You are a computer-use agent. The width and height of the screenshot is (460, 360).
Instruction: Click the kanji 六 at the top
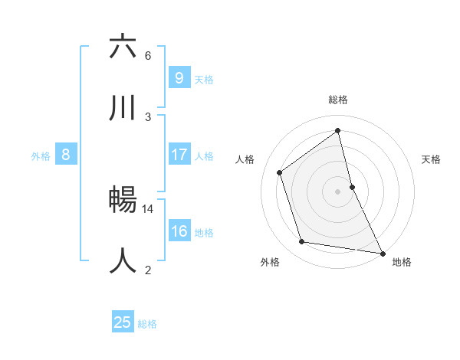pos(123,47)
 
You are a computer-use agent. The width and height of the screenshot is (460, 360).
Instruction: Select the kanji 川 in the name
pos(123,108)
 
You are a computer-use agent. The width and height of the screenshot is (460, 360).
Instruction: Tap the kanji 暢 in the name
pos(123,200)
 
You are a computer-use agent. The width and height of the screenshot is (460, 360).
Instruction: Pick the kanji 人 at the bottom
pos(123,260)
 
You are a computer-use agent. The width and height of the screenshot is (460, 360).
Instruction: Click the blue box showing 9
pos(179,77)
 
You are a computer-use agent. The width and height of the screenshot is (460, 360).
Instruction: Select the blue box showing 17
pos(179,155)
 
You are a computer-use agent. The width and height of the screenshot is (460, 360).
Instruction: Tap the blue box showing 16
pos(179,231)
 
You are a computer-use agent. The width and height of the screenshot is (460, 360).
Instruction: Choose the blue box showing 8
pos(66,155)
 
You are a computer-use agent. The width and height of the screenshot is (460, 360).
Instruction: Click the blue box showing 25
pos(123,322)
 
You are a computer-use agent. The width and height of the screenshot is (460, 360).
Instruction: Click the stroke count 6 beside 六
pos(148,55)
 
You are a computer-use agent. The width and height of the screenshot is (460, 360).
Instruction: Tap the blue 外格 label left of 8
pos(41,155)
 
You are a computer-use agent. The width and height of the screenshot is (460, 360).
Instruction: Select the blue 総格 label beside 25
pos(147,323)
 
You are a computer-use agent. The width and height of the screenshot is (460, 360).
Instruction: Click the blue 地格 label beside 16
pos(204,232)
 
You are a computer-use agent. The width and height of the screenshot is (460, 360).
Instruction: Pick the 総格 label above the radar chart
pos(338,100)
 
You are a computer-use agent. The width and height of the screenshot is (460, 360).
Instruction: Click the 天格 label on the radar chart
pos(431,159)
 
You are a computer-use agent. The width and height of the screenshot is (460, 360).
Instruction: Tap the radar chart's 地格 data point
pos(381,252)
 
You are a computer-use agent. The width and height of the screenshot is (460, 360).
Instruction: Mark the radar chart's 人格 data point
pos(280,172)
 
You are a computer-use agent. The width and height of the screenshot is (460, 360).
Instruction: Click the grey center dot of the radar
pos(338,191)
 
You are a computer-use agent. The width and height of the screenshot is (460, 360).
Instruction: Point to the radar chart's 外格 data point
pos(302,242)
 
